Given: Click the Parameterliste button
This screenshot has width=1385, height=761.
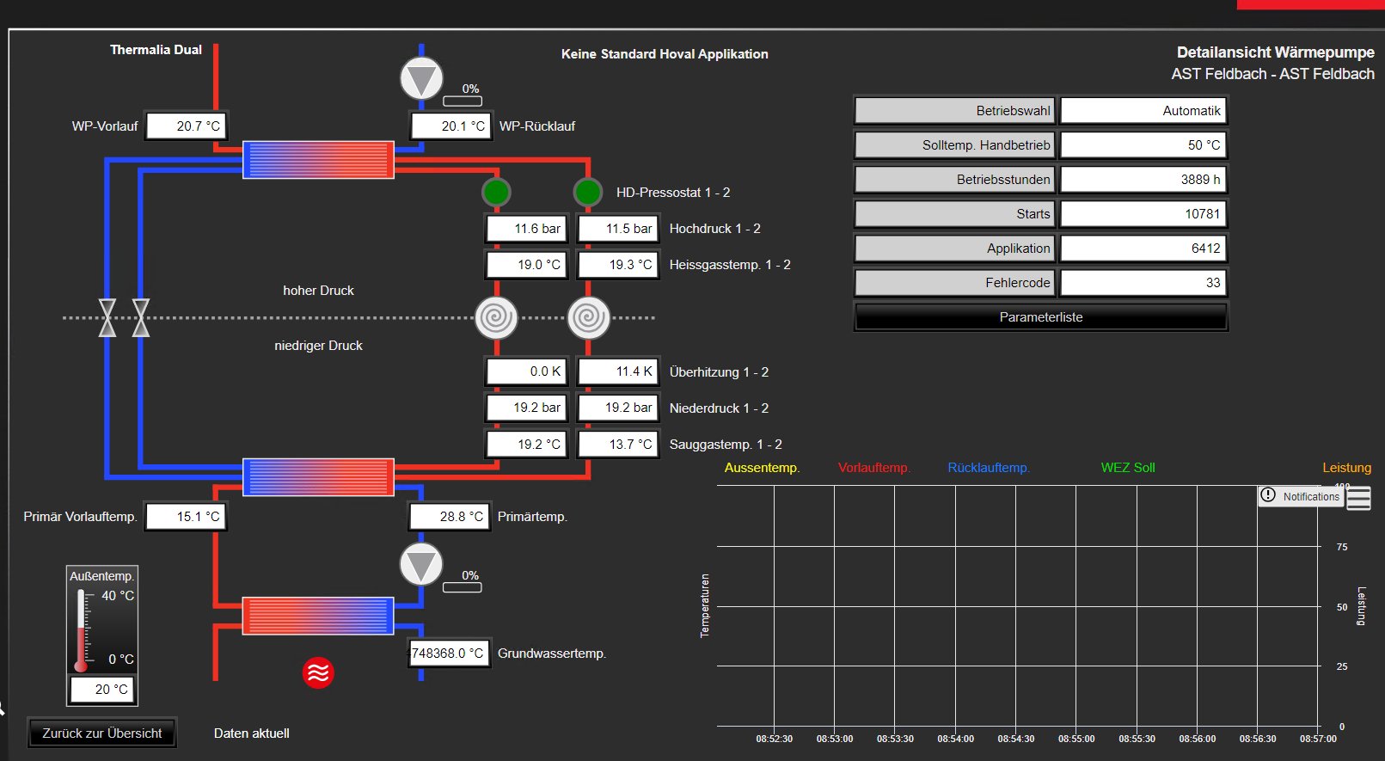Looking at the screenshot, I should [1040, 317].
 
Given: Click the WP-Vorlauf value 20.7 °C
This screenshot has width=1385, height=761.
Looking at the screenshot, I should [187, 126].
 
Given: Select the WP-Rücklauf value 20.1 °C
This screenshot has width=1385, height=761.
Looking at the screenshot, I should [451, 126].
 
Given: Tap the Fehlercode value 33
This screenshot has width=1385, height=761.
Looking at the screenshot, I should [1143, 283].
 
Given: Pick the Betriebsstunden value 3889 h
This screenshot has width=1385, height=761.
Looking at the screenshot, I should [1143, 180].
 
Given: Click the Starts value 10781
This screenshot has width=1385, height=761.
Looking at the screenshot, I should [1143, 214].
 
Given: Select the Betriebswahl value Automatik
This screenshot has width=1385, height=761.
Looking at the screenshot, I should [1143, 111].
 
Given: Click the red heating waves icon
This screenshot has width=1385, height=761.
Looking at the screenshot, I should [318, 672].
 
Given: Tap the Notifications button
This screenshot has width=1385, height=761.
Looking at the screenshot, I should [1301, 496].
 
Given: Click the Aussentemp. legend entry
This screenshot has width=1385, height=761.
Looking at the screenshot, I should [762, 468].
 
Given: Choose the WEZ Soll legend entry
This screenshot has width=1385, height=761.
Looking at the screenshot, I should [1127, 468].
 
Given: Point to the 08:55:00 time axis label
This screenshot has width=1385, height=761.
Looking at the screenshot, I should [1076, 739].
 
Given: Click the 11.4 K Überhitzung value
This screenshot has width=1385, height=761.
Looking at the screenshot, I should [619, 371].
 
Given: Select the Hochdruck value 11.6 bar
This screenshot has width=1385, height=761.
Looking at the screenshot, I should [526, 229].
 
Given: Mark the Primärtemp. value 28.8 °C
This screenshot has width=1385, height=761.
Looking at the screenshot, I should [450, 517].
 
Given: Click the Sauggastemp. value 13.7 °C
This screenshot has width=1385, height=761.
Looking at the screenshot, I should [619, 444].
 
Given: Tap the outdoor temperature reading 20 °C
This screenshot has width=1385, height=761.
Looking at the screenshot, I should [102, 689].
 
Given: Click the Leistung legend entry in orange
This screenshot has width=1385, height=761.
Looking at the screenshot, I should [1346, 468].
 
